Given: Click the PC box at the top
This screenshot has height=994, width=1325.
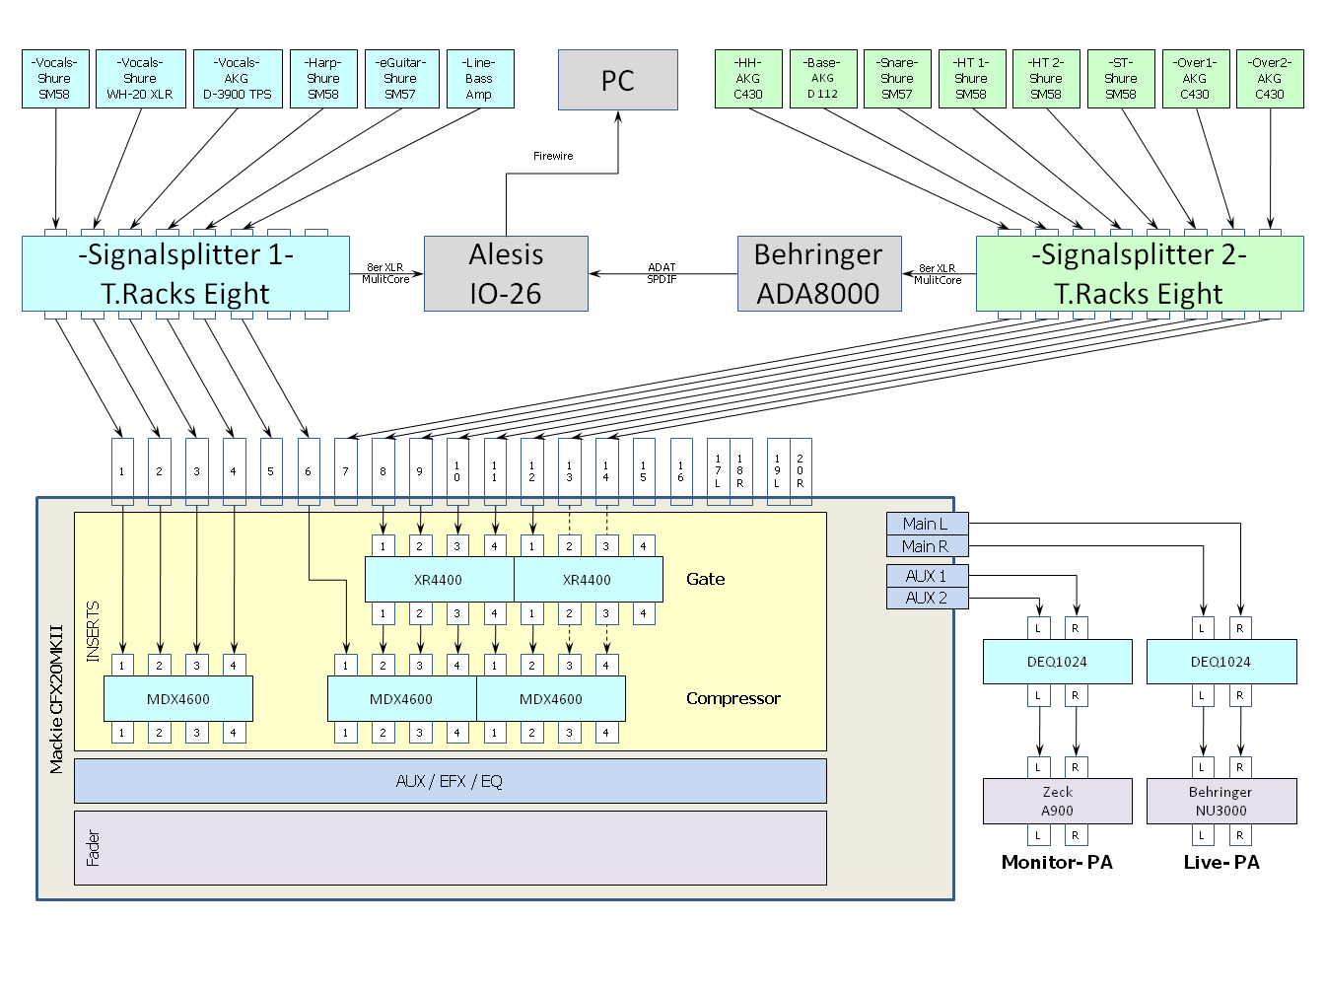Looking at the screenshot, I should pos(618,80).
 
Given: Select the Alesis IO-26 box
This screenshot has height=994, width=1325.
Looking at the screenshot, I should pos(506,273).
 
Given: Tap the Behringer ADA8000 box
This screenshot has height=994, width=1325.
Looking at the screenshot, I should pos(819,273).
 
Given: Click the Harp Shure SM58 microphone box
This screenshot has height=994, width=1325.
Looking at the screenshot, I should pos(323,79).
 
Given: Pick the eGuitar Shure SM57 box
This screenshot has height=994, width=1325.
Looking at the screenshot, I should pos(401,79).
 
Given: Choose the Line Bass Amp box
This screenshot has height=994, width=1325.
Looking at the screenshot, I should pos(479,79).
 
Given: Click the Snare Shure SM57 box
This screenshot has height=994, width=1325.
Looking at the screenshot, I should pos(897,79).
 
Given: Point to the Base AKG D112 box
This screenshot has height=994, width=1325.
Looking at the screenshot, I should pos(822,79).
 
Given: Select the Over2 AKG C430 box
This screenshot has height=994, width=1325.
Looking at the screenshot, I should pos(1270,79).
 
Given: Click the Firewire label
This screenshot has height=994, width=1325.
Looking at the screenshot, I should pos(553,156).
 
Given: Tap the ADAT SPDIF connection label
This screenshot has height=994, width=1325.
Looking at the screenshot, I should pos(662,273).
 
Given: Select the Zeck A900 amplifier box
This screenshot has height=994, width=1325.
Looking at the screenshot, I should pos(1058,801).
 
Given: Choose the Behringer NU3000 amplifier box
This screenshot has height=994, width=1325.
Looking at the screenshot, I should pos(1221,801).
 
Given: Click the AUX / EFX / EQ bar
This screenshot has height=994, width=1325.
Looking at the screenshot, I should pos(450,781).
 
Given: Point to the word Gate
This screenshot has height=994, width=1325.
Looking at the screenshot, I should pos(706,579).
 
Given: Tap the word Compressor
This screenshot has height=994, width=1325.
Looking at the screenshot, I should pos(733,698).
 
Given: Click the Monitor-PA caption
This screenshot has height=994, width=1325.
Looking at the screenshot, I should pos(1057,863).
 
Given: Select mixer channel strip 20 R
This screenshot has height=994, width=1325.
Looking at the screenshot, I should pos(801,471).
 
